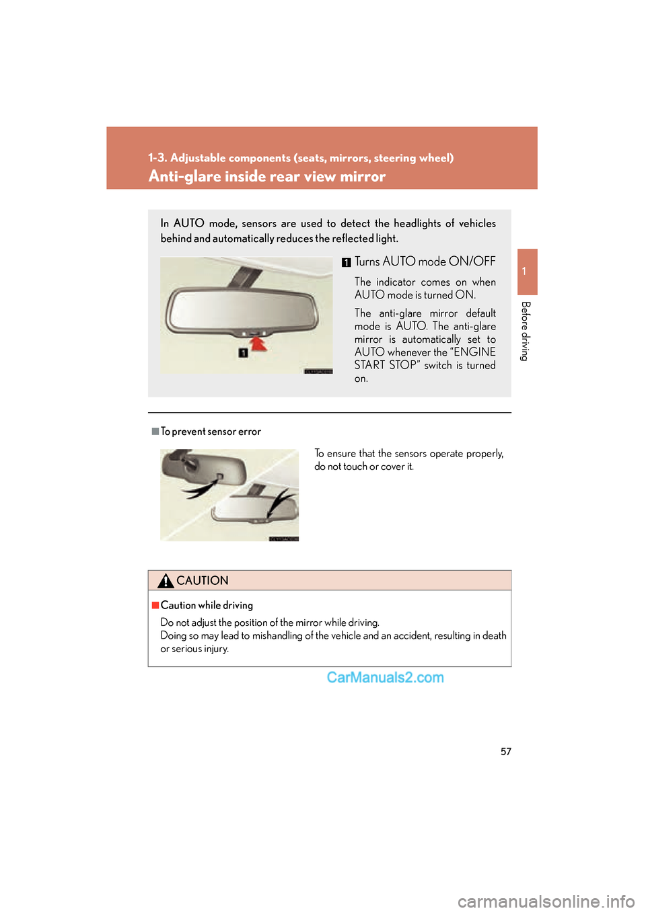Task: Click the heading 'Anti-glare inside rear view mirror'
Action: (x=266, y=176)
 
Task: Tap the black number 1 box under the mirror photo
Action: (x=243, y=352)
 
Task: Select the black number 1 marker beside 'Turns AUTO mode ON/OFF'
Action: (x=347, y=262)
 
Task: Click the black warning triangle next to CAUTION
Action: (x=166, y=580)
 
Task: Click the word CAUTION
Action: (x=203, y=580)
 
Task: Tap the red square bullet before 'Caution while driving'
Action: (x=155, y=605)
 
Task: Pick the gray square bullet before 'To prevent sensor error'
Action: (x=155, y=431)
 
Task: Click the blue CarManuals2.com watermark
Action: (x=386, y=678)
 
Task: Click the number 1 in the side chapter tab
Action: (x=524, y=272)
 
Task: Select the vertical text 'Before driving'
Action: (x=526, y=331)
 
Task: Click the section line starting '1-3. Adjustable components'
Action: (x=301, y=158)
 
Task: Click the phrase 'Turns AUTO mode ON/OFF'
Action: (x=425, y=262)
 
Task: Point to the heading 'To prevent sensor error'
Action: (x=211, y=431)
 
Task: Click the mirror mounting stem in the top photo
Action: (x=242, y=273)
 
